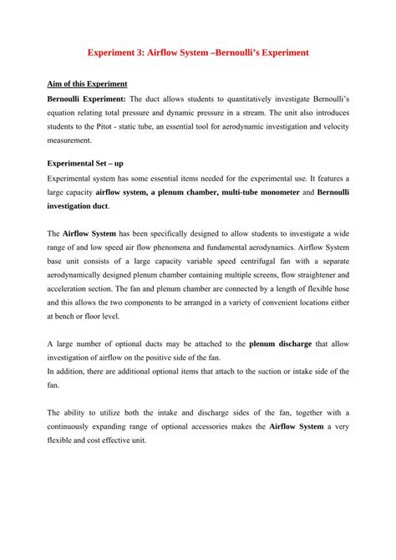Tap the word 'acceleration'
coord(74,291)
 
